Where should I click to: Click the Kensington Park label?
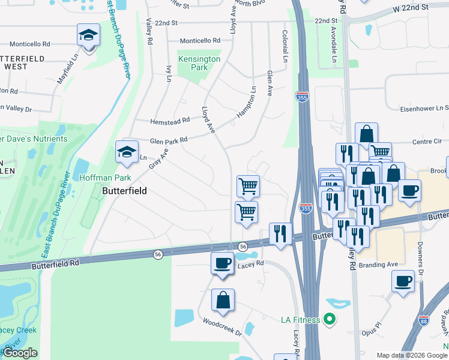click(199, 63)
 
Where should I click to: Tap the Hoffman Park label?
click(105, 178)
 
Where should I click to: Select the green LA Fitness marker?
click(328, 319)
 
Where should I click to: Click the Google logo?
click(20, 353)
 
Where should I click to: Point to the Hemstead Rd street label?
click(170, 120)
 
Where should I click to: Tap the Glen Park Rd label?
click(169, 140)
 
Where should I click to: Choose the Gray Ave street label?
click(157, 157)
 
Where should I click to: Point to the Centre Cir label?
click(427, 142)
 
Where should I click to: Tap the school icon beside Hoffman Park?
click(127, 153)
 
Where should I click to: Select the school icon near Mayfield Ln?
click(88, 36)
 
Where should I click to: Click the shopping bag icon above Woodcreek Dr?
click(223, 301)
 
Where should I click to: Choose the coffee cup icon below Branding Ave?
click(403, 280)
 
